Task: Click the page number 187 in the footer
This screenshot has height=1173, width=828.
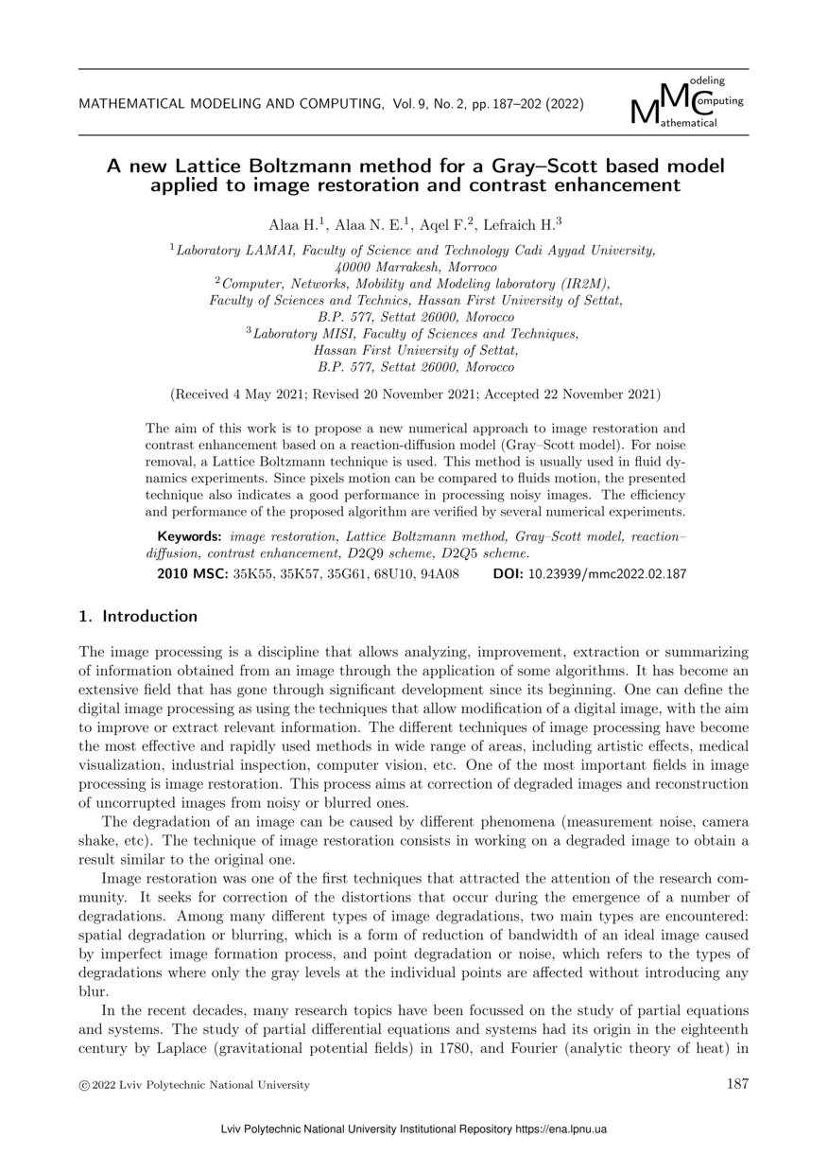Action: (737, 1084)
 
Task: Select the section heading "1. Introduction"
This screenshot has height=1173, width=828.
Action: (138, 617)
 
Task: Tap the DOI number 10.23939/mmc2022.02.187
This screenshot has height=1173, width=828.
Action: (606, 573)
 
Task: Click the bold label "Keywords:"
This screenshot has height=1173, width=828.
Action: (189, 537)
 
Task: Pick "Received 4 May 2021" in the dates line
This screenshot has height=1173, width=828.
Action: (233, 394)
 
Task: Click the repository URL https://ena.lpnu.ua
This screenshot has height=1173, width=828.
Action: (561, 1129)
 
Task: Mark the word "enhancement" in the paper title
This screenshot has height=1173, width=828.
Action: (619, 185)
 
